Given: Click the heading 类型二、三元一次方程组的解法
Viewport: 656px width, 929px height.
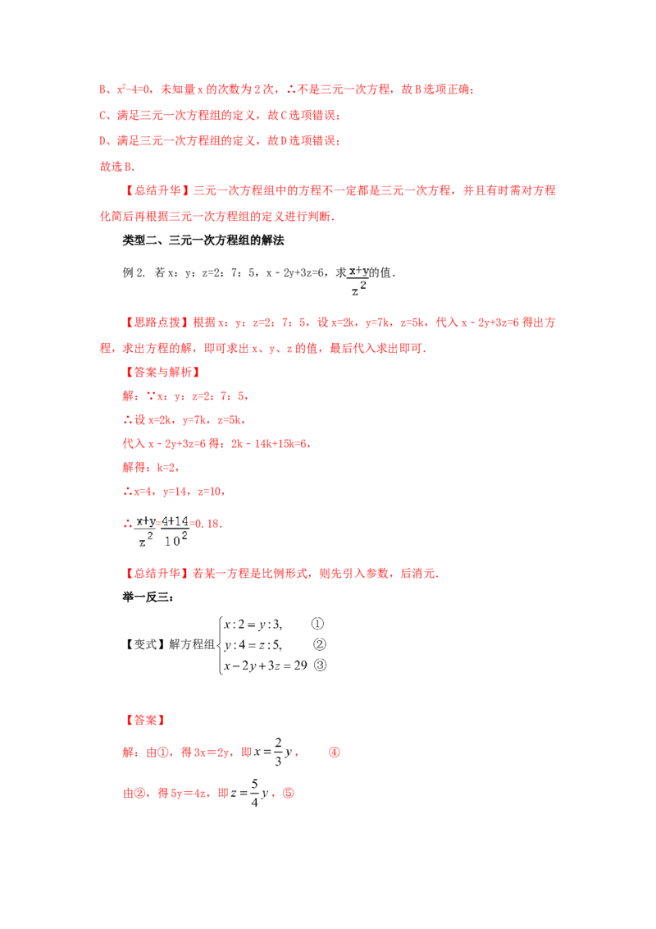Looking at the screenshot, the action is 203,240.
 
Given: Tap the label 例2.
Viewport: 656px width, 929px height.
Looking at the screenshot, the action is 133,272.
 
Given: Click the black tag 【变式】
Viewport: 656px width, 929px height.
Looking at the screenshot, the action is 144,644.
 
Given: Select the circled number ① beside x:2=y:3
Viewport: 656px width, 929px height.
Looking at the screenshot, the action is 318,624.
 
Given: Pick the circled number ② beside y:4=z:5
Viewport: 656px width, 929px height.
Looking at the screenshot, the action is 320,644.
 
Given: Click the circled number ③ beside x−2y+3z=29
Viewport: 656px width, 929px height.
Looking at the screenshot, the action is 320,665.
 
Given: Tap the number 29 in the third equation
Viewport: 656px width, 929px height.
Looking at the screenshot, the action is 300,665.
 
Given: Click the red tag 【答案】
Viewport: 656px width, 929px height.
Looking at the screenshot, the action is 144,721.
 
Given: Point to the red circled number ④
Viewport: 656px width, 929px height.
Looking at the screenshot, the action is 335,753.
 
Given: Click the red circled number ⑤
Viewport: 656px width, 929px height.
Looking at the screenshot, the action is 289,793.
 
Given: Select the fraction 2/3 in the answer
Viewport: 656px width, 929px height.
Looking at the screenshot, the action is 278,752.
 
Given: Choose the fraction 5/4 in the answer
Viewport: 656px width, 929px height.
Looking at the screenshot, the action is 254,793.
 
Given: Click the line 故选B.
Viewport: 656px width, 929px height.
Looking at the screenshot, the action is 117,167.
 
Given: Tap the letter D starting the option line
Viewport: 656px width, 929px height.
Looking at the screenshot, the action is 103,141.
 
